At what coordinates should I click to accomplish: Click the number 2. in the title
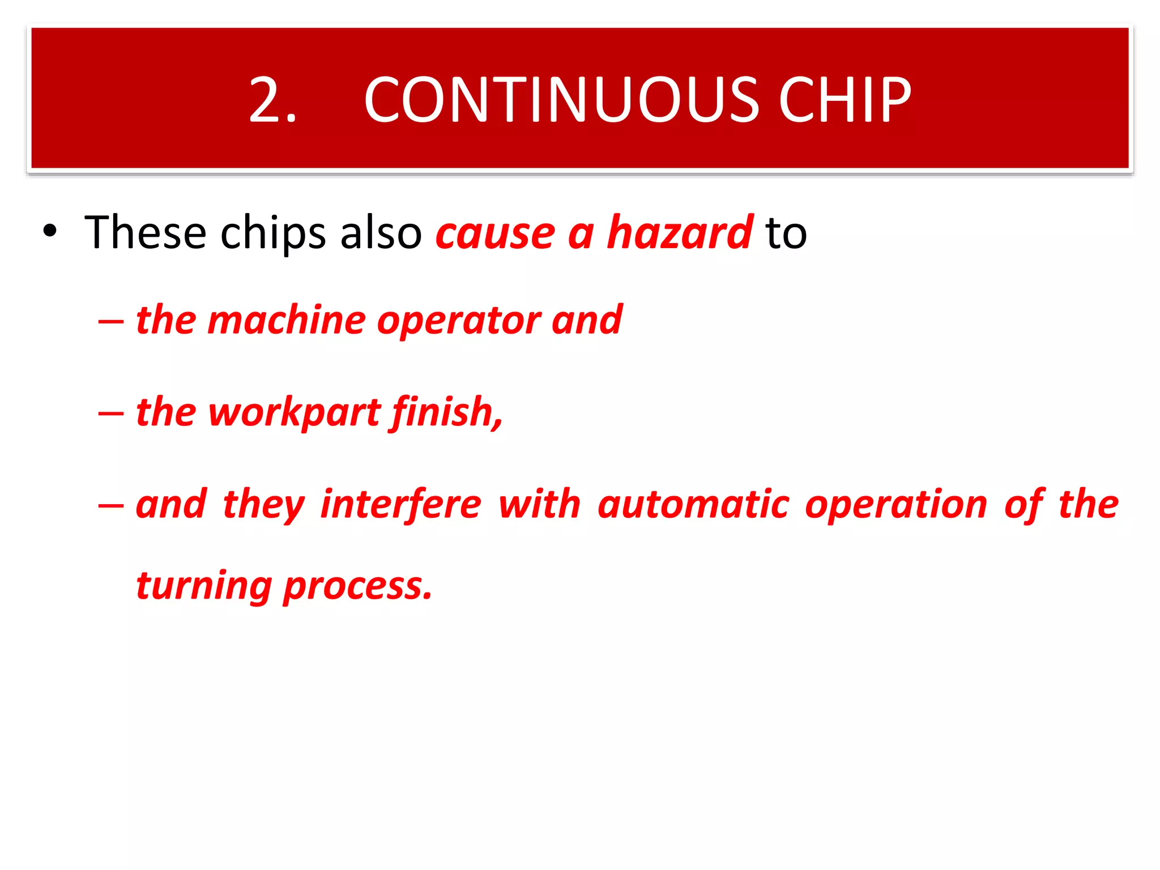click(x=272, y=100)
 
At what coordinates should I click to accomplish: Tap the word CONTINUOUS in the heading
click(x=561, y=100)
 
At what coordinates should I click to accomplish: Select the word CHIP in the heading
click(x=845, y=100)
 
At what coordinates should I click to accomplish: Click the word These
click(x=145, y=232)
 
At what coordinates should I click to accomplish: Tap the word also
click(x=381, y=232)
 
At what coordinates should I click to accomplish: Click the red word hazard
click(x=680, y=232)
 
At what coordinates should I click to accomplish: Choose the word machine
click(x=287, y=320)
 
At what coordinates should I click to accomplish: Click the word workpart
click(x=295, y=412)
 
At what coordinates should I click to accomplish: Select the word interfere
click(x=400, y=504)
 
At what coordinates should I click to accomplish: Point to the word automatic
click(x=693, y=504)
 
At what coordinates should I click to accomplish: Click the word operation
click(x=896, y=504)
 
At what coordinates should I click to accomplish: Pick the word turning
click(x=204, y=586)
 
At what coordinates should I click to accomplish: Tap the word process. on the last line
click(x=357, y=586)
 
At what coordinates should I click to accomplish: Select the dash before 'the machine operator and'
click(x=110, y=321)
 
